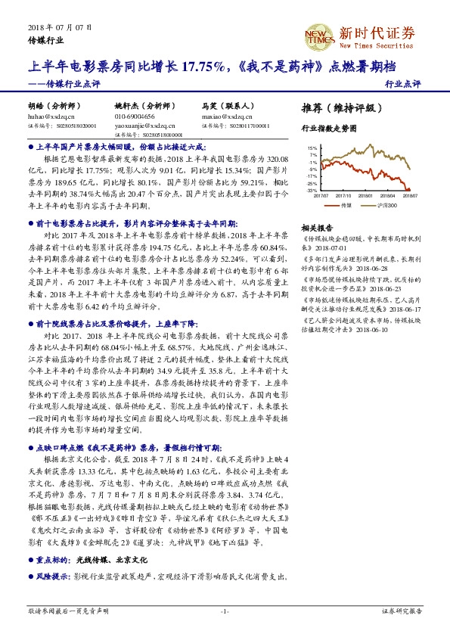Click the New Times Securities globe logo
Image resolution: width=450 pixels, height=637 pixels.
(318, 35)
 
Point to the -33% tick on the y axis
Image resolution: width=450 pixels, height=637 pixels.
(312, 191)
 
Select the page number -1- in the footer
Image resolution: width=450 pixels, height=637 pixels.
(224, 610)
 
